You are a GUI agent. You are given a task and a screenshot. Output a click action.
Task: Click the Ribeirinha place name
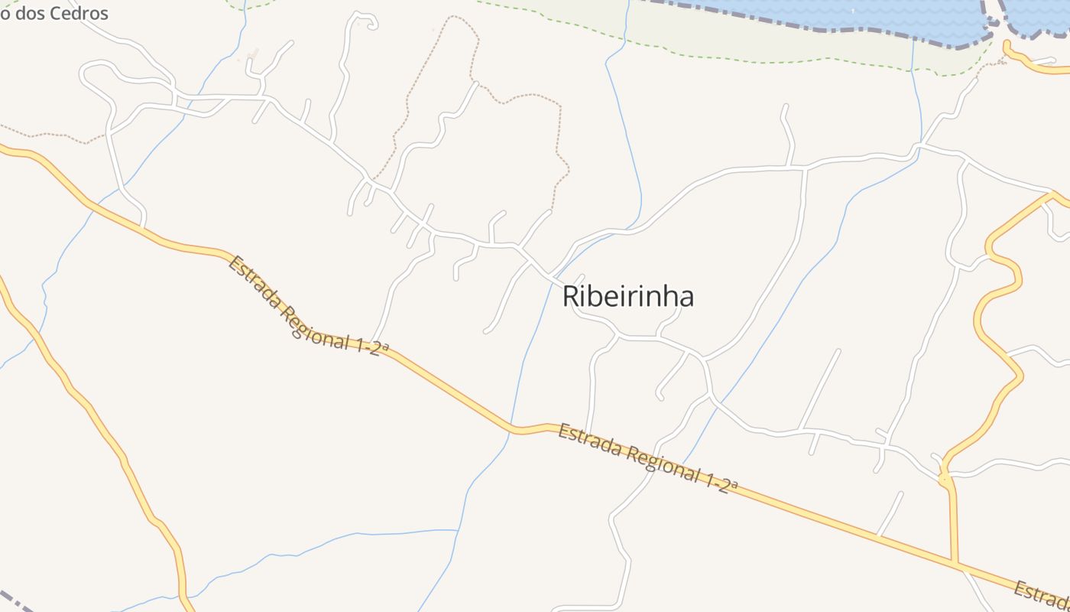pos(628,296)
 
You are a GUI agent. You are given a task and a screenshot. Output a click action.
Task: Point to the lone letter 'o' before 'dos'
pos(4,12)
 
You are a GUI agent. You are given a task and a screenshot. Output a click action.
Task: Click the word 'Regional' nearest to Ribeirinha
pos(661,462)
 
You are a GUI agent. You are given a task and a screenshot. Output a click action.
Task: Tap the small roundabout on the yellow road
pos(945,480)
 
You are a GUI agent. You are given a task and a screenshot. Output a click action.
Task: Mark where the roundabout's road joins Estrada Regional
pos(955,565)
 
